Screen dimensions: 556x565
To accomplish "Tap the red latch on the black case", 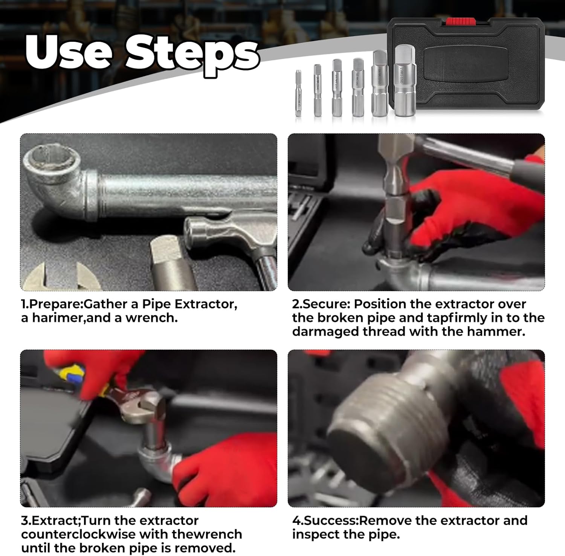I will click(459, 22).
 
